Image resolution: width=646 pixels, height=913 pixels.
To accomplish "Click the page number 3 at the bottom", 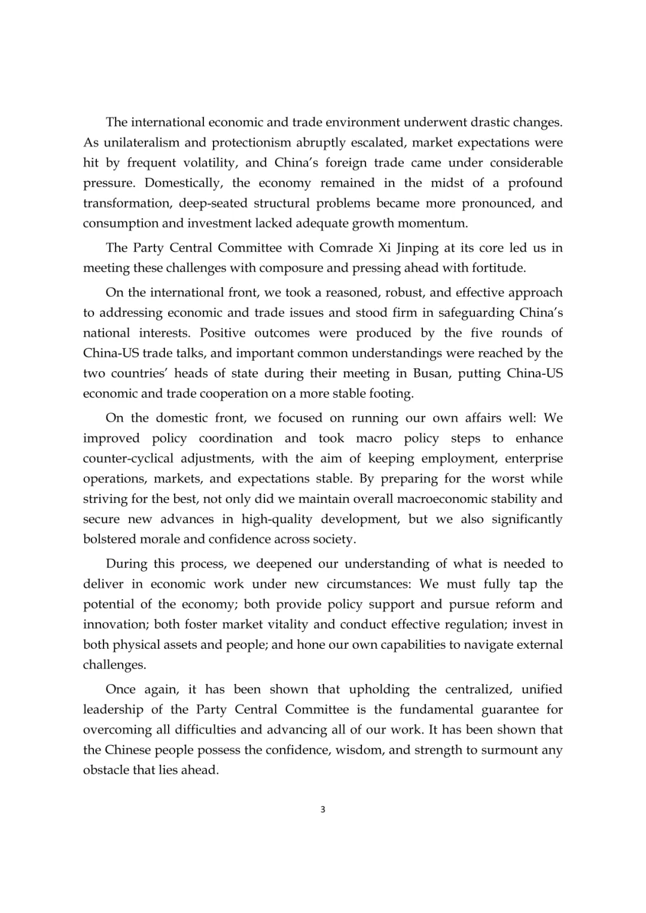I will pyautogui.click(x=323, y=810).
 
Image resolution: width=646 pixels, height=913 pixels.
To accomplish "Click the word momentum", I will pyautogui.click(x=435, y=224).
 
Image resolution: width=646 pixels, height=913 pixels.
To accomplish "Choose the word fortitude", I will pyautogui.click(x=496, y=268).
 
